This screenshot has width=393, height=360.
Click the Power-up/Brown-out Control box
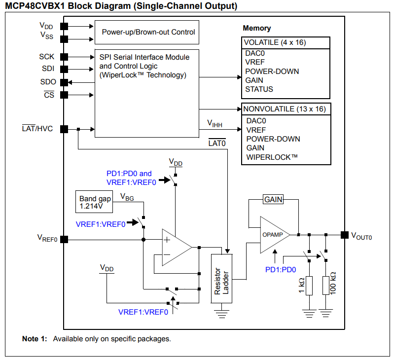coord(147,32)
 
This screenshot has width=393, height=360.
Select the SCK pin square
coord(64,57)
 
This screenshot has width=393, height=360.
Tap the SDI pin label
coord(48,69)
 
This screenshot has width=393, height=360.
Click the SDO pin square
coord(64,82)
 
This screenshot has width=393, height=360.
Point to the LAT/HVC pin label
coord(39,129)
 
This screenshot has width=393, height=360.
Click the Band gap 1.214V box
coord(95,202)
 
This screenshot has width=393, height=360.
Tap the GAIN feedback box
coord(273,199)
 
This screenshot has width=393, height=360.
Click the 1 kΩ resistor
coord(309,286)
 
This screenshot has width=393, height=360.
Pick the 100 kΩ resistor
coord(325,286)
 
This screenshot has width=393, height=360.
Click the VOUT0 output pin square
coord(344,235)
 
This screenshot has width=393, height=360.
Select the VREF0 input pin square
coord(64,239)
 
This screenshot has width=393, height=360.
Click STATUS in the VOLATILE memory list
coord(259,89)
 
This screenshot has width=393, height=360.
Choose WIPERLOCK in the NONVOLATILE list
coord(272,157)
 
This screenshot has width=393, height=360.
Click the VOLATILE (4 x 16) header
coord(275,42)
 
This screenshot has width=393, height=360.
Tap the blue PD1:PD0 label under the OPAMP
coord(281,269)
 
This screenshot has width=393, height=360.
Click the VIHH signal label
coord(214,123)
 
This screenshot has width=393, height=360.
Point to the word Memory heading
coord(257,28)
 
